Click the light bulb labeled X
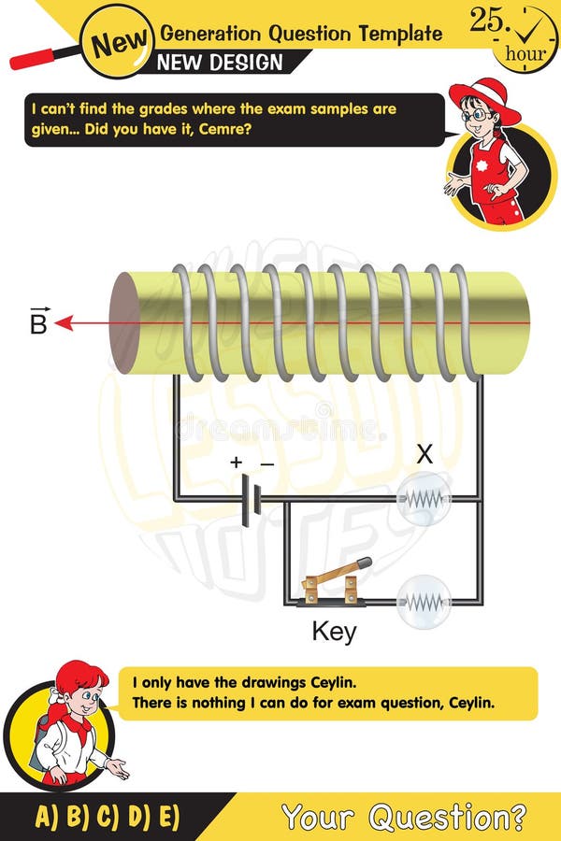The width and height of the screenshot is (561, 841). [424, 499]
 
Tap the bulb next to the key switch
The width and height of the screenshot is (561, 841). [424, 601]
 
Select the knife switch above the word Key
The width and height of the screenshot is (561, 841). [333, 584]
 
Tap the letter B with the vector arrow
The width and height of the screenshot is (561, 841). [38, 322]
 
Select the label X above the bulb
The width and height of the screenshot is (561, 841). [425, 455]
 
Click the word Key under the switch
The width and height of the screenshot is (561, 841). [334, 633]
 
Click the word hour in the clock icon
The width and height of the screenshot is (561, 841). [525, 53]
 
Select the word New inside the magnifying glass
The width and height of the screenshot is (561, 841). [120, 40]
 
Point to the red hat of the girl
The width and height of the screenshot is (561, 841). [483, 96]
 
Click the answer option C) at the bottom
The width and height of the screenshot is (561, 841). [108, 817]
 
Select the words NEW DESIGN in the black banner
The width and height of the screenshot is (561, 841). [220, 63]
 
